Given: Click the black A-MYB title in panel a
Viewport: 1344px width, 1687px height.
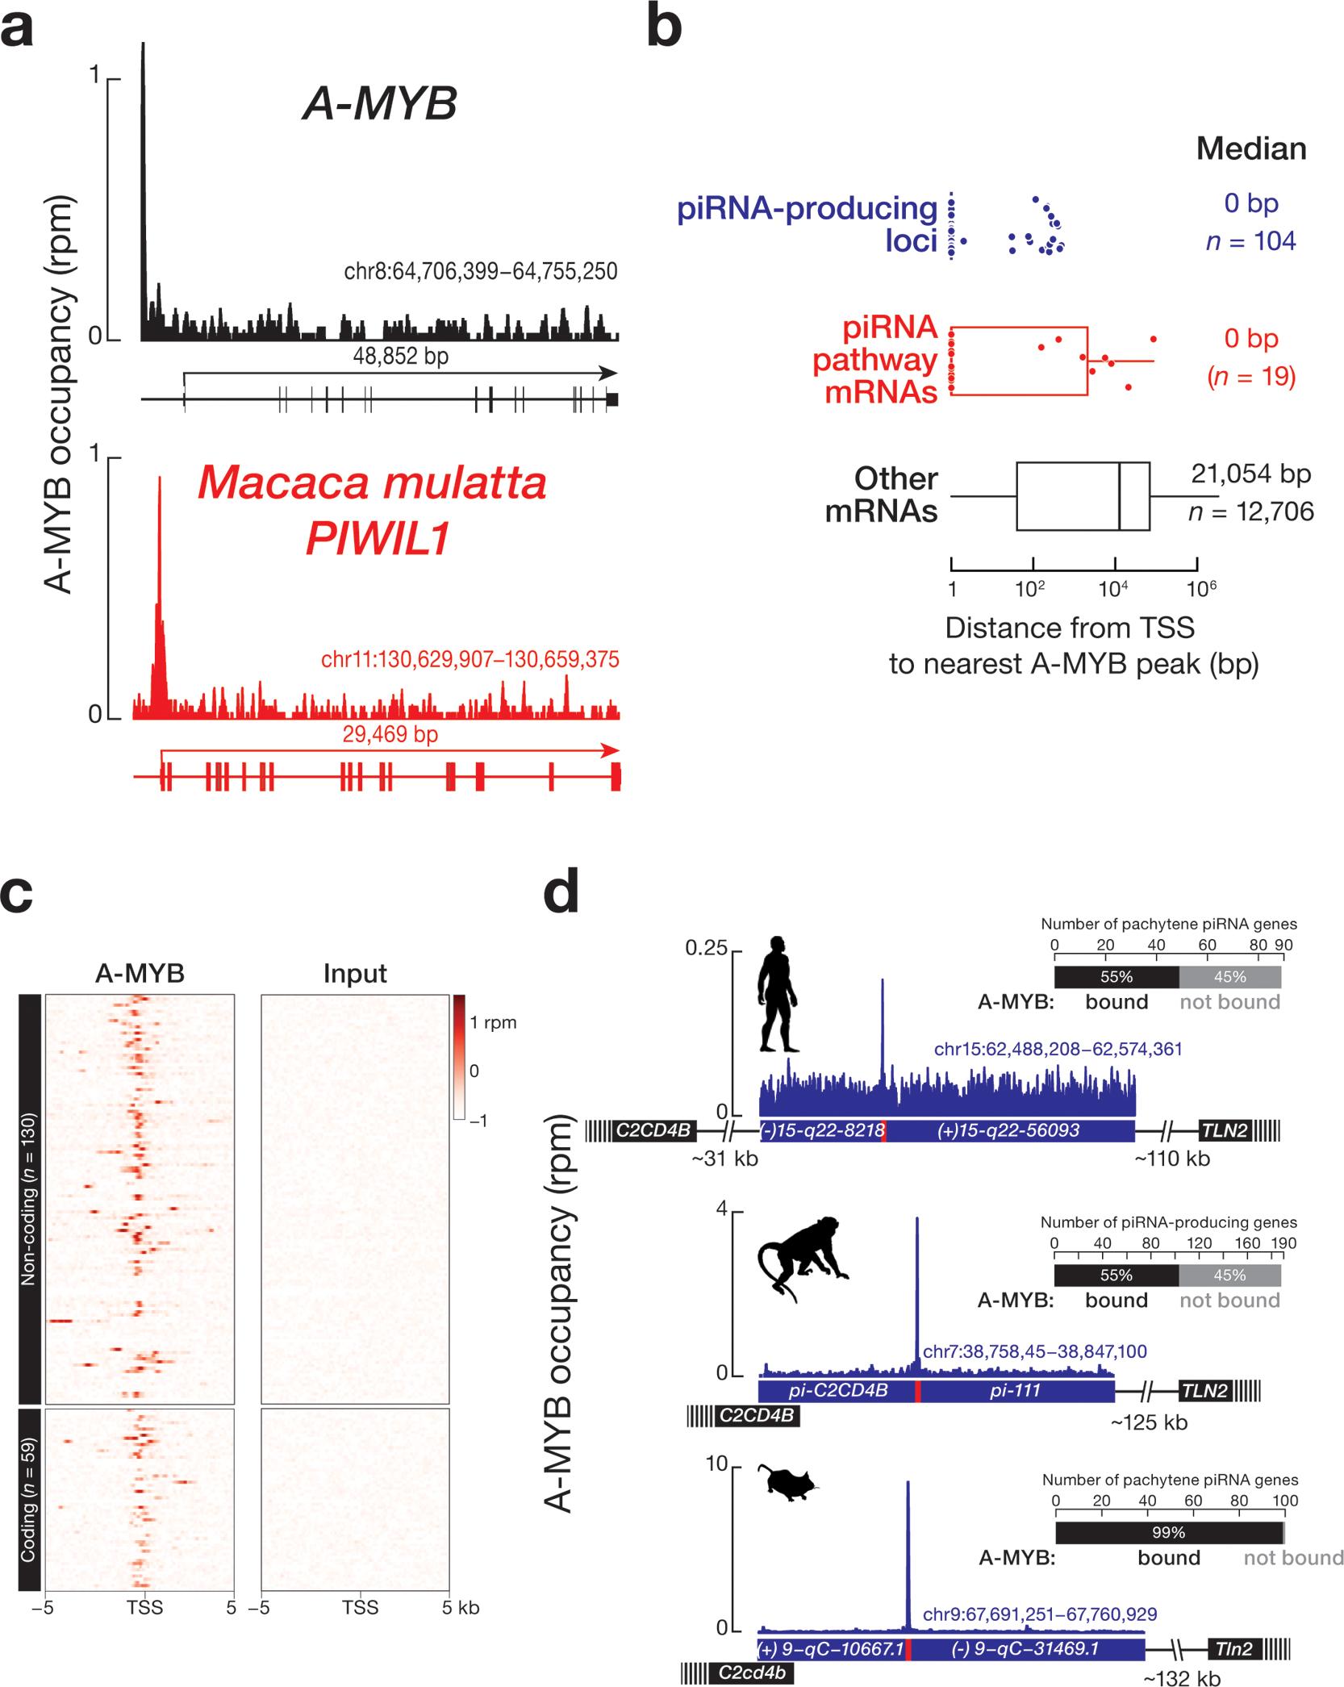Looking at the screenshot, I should tap(380, 105).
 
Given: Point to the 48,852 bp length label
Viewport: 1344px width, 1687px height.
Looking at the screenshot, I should tap(401, 357).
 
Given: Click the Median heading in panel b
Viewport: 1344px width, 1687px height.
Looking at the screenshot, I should tap(1251, 149).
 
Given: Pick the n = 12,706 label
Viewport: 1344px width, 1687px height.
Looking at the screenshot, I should tap(1250, 512).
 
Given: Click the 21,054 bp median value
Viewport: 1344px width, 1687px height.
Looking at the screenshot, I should tap(1250, 474).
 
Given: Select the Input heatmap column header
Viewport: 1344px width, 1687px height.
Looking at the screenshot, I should tap(355, 974).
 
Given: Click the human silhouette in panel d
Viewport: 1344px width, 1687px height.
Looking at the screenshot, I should tap(777, 994).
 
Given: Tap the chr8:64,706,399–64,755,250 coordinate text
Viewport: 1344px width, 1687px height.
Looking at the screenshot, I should tap(481, 271).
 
